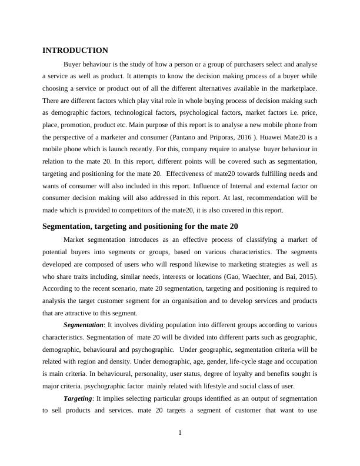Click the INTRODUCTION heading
pos(75,51)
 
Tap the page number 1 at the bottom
pos(180,434)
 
